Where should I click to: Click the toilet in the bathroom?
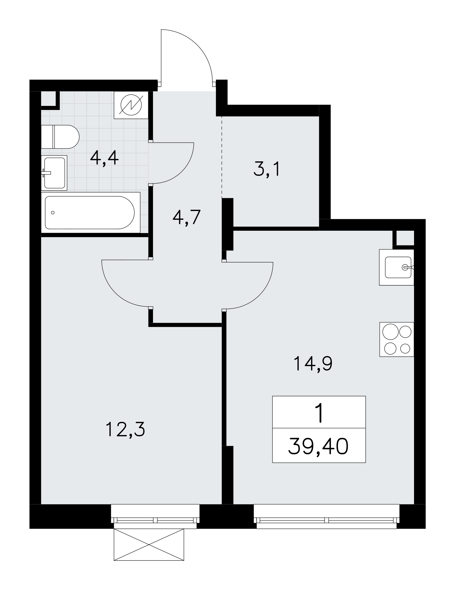60,137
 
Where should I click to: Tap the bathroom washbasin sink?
54,173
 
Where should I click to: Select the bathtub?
90,212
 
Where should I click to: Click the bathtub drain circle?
53,212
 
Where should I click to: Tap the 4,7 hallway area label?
187,217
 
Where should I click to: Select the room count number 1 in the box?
319,413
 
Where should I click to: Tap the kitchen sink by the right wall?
397,267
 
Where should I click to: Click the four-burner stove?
397,339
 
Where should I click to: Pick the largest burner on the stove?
390,332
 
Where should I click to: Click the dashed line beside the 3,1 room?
222,156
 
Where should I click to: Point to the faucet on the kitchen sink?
408,267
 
